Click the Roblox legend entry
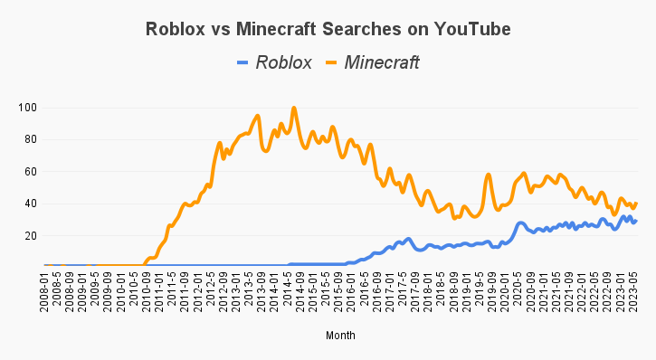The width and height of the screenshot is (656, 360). point(283,62)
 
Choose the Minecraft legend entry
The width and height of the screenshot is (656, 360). point(381,62)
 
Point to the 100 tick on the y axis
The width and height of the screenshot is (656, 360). point(26,108)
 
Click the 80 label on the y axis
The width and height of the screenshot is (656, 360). point(29,139)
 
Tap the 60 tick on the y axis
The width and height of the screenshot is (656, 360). point(29,171)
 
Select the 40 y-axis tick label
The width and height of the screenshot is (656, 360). point(29,204)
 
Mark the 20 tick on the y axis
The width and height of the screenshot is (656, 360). point(29,235)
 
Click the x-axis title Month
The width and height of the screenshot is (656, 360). point(340,336)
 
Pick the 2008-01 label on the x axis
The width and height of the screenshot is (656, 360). point(44,291)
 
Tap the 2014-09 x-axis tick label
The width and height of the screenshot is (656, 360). point(294,291)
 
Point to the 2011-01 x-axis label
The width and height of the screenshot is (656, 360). point(158,291)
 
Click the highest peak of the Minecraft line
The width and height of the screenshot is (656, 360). point(294,109)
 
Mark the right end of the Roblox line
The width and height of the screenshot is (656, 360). point(636,221)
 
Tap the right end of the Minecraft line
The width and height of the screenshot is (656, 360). point(636,204)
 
